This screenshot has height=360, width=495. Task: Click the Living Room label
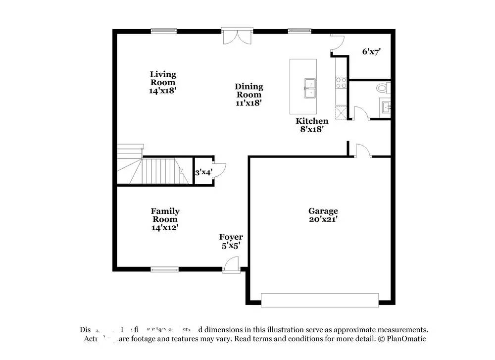click(163, 82)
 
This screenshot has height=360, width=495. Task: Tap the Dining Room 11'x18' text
click(248, 95)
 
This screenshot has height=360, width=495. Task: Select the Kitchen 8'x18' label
click(312, 125)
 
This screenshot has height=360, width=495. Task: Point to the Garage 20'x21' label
click(323, 214)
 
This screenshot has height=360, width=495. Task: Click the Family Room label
click(165, 219)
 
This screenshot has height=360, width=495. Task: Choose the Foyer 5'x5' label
click(231, 241)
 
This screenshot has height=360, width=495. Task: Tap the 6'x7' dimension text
click(371, 51)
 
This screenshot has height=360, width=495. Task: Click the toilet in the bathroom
click(383, 89)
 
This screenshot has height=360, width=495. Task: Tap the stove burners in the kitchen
click(341, 82)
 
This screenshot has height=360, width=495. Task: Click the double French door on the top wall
click(237, 37)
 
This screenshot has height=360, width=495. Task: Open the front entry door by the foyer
click(230, 266)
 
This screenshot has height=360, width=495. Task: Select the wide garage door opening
click(320, 300)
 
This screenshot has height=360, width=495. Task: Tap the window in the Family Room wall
click(164, 269)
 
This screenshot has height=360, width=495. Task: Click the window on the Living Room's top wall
click(164, 31)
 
